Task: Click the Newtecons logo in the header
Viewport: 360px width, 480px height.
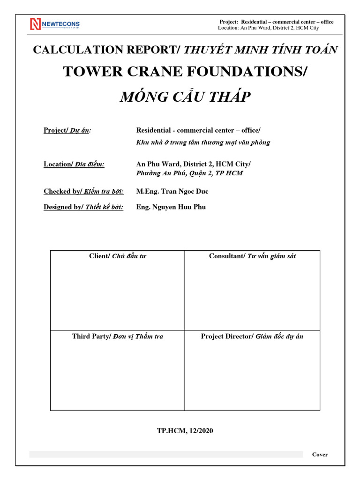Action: tap(55, 24)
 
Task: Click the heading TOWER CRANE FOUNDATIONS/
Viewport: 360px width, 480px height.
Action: tap(185, 72)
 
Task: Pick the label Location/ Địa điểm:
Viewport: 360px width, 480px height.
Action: tap(74, 164)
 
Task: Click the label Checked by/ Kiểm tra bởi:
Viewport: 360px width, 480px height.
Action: tap(83, 191)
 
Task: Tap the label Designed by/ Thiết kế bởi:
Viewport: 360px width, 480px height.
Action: tap(83, 207)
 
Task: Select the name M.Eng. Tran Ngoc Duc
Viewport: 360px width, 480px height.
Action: tap(172, 191)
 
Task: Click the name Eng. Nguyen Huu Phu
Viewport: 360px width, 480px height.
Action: tap(171, 207)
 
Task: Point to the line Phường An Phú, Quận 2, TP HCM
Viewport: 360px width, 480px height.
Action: tap(189, 173)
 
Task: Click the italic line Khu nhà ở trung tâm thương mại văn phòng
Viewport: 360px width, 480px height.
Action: tap(203, 142)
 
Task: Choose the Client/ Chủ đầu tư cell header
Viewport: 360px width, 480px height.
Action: tap(118, 256)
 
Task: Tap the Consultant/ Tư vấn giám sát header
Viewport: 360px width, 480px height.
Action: tap(252, 256)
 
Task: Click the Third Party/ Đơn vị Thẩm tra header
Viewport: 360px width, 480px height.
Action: tap(118, 337)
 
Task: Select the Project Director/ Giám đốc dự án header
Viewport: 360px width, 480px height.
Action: tap(252, 337)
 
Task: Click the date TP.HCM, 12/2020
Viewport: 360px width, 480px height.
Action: tap(185, 431)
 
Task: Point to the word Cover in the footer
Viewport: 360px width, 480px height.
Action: tap(320, 454)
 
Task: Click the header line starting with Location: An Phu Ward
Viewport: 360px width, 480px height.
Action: tap(269, 28)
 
